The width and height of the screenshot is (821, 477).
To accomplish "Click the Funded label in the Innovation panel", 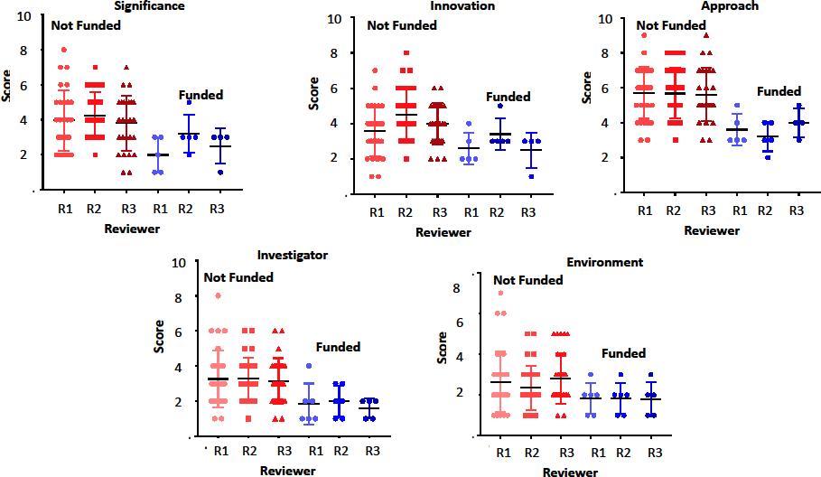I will coord(508,97).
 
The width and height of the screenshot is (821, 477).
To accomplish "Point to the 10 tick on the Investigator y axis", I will coord(180,262).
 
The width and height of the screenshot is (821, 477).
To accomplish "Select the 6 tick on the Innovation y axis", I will coord(333,89).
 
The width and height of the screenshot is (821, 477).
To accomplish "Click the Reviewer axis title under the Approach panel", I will coord(711,230).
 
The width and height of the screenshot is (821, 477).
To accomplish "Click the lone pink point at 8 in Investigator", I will coord(218,296).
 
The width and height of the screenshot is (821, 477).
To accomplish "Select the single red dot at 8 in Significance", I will coord(63,51).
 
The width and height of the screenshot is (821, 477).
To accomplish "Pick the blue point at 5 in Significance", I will coord(189,102).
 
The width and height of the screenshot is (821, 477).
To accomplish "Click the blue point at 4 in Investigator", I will coord(309,366).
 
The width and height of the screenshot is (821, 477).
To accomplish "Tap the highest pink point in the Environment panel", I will coord(499,293).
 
